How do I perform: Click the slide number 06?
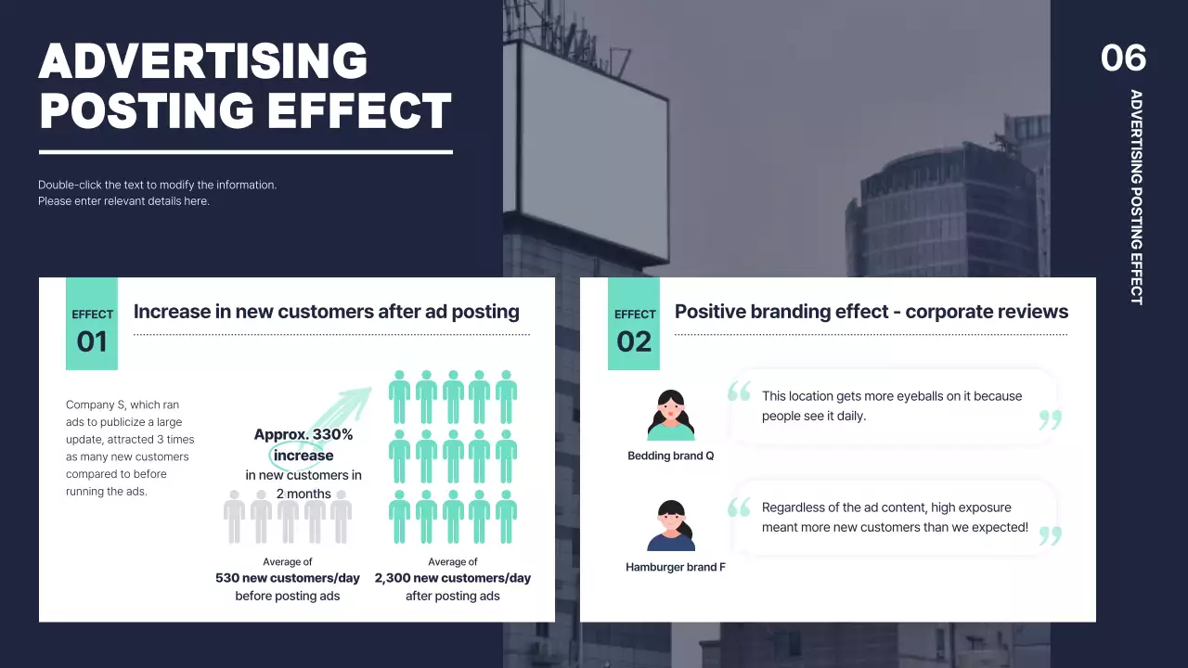point(1123,58)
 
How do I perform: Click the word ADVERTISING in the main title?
point(203,62)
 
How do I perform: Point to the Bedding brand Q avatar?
point(670,416)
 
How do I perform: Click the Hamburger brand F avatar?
point(670,526)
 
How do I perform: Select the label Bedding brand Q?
point(670,456)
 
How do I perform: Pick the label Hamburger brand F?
point(675,567)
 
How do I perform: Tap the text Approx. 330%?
point(303,434)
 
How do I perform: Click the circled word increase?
point(303,456)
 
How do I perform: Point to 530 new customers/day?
point(287,578)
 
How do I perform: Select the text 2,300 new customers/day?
point(452,578)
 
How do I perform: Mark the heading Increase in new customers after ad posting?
point(326,312)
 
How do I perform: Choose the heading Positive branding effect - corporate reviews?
point(871,312)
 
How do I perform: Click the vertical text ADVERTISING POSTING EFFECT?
point(1136,197)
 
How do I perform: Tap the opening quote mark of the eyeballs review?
point(739,392)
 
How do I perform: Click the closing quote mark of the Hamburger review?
point(1050,535)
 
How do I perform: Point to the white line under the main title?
point(245,152)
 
